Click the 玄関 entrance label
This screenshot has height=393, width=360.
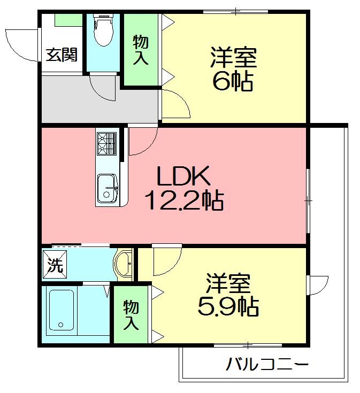[62, 55]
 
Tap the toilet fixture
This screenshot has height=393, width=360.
[103, 31]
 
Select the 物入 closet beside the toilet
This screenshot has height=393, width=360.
[140, 50]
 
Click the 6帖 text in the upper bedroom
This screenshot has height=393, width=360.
[233, 82]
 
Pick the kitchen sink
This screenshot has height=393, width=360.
[107, 189]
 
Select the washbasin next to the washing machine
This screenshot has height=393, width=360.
[124, 264]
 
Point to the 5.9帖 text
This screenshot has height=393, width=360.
[228, 306]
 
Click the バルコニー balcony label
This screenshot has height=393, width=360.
[267, 366]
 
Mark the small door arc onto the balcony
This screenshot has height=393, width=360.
[319, 284]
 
